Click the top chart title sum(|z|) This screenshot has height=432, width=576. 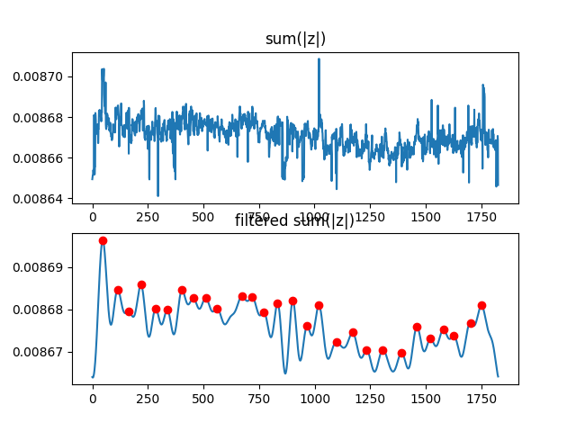click(295, 39)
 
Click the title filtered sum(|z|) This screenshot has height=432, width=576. click(295, 221)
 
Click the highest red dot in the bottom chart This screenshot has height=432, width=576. click(103, 240)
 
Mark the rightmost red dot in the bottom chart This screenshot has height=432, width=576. click(481, 305)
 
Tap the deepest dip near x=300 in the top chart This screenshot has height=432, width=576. click(157, 194)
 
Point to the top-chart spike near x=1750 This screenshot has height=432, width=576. click(483, 86)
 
